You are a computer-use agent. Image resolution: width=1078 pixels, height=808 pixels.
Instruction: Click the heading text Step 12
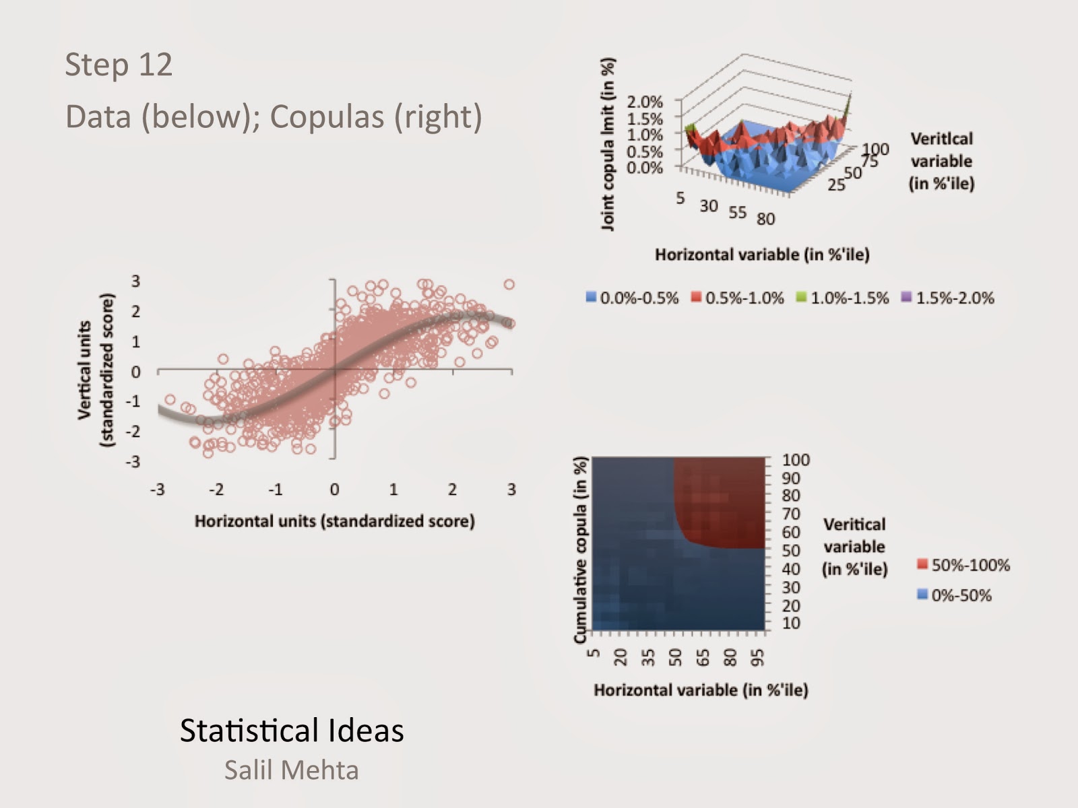click(119, 65)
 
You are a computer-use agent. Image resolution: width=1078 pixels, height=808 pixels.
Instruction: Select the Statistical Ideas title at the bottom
click(292, 731)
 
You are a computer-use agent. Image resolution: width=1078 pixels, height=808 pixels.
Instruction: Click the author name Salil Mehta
click(291, 770)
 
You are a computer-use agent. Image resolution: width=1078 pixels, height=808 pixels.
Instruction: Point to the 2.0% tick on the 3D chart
click(645, 102)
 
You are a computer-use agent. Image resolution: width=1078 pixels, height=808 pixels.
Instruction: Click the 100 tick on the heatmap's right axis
click(796, 460)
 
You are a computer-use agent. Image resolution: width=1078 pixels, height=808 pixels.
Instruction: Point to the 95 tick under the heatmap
click(757, 656)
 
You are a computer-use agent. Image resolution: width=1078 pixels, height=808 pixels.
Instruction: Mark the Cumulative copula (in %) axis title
click(580, 550)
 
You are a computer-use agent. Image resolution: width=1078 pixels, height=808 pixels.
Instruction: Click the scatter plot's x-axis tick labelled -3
click(157, 490)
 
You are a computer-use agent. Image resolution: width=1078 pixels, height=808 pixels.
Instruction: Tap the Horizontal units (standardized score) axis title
click(334, 521)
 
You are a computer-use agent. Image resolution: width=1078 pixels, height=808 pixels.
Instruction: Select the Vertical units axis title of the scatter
click(94, 370)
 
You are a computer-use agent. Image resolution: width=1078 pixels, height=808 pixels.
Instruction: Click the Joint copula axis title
click(608, 144)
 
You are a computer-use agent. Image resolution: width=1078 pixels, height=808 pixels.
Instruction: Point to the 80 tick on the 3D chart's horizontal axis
click(765, 219)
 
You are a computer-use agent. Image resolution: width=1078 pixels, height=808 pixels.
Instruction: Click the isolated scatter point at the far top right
click(509, 285)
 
